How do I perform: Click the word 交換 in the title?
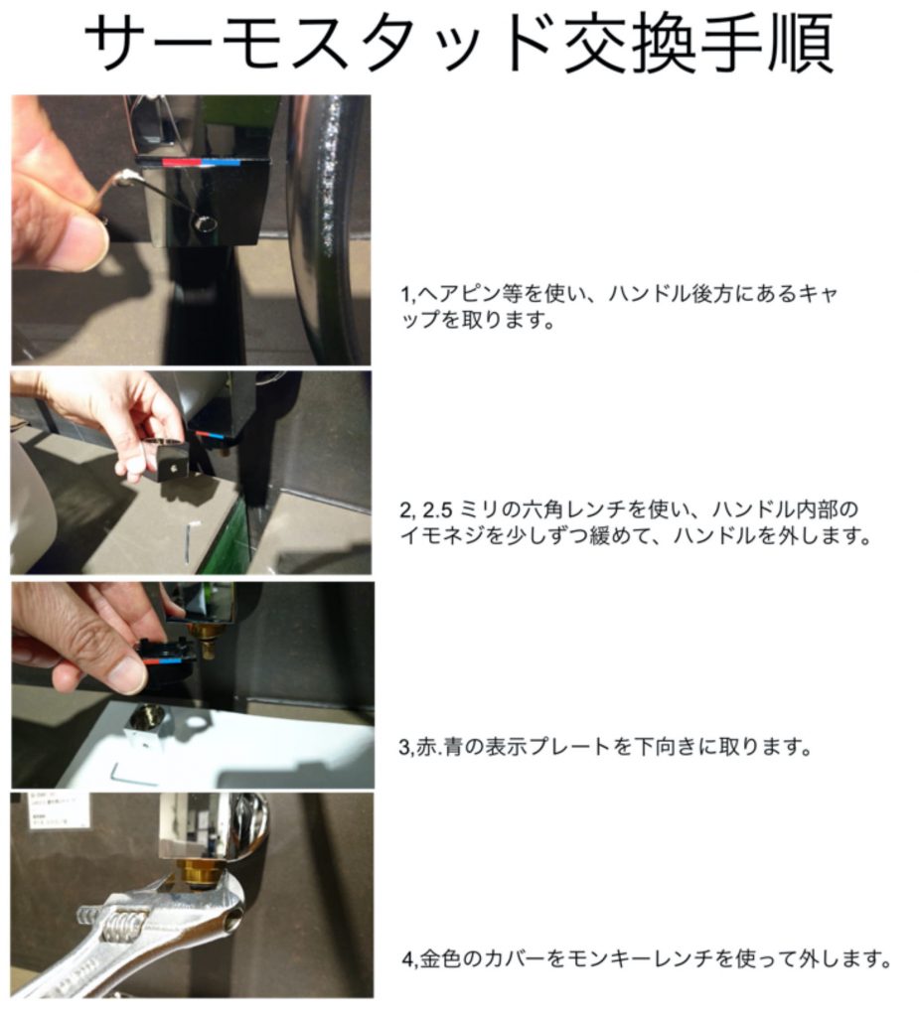pyautogui.click(x=629, y=44)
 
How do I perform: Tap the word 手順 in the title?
pyautogui.click(x=767, y=44)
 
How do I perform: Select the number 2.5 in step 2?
pyautogui.click(x=437, y=510)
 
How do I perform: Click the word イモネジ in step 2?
pyautogui.click(x=442, y=536)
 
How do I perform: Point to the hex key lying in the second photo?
pyautogui.click(x=188, y=546)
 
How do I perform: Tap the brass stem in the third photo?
pyautogui.click(x=205, y=642)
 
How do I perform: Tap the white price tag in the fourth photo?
pyautogui.click(x=59, y=810)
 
